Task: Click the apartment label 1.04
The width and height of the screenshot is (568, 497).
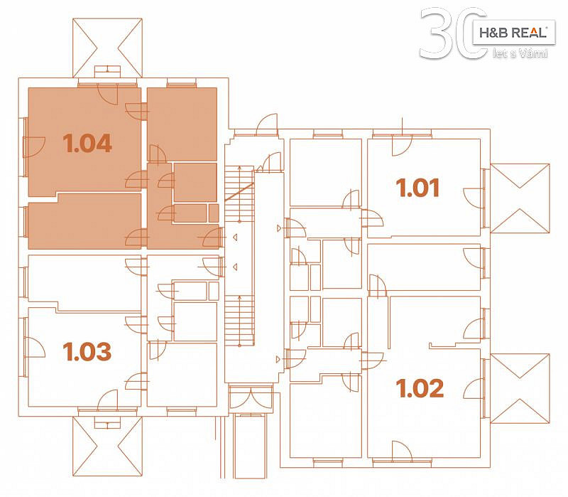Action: point(87,143)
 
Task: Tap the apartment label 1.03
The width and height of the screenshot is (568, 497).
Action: point(87,351)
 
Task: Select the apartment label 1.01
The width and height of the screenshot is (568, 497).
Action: point(417,188)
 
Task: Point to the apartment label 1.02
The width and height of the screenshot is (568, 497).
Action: point(420,388)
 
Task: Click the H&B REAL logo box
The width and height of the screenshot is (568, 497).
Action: point(513,33)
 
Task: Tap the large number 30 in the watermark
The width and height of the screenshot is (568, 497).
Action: point(453,33)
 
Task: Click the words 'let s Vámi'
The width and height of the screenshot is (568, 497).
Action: point(520,53)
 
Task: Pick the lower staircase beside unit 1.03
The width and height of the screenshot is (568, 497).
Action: point(239,321)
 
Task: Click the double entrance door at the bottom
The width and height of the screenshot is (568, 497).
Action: point(251,398)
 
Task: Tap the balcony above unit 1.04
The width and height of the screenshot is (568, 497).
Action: point(107,48)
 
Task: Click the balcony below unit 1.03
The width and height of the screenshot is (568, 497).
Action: point(107,447)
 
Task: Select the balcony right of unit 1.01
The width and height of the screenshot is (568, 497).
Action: point(520,198)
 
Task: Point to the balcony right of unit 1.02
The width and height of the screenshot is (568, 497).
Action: point(520,388)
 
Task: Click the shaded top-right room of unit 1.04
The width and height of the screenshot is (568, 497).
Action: point(182,124)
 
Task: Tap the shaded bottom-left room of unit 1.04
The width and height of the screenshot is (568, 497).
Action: point(84,221)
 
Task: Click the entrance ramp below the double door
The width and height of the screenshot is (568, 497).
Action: point(250,447)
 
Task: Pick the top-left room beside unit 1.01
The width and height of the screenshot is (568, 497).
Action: point(326,173)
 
